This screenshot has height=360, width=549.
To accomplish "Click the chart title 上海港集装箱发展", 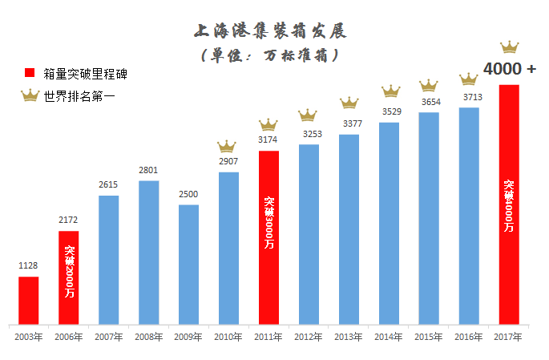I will [x=271, y=32].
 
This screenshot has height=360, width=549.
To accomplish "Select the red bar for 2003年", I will [x=29, y=300].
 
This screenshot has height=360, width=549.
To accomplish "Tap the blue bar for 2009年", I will [x=188, y=264].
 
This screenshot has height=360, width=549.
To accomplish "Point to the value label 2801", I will [x=148, y=170].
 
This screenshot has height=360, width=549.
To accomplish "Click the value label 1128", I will [x=29, y=266].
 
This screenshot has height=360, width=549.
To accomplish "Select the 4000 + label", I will [x=510, y=69].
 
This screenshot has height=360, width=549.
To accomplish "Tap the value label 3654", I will [x=429, y=102].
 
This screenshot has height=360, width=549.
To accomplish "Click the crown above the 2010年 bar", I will [x=228, y=146].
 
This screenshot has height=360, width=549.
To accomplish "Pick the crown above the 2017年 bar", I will [x=509, y=47].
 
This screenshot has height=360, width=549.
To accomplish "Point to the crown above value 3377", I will [x=349, y=103].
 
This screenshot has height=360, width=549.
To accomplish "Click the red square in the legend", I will [x=30, y=74].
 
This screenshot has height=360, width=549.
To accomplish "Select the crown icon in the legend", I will [x=30, y=96].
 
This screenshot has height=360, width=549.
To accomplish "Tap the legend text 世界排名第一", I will [x=81, y=96].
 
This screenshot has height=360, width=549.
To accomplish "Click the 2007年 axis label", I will [x=108, y=337].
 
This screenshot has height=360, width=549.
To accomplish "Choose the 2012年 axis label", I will [x=309, y=337].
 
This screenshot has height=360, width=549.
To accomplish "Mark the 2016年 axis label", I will [x=469, y=337].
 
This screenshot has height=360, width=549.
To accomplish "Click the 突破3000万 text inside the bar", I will [x=268, y=221].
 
